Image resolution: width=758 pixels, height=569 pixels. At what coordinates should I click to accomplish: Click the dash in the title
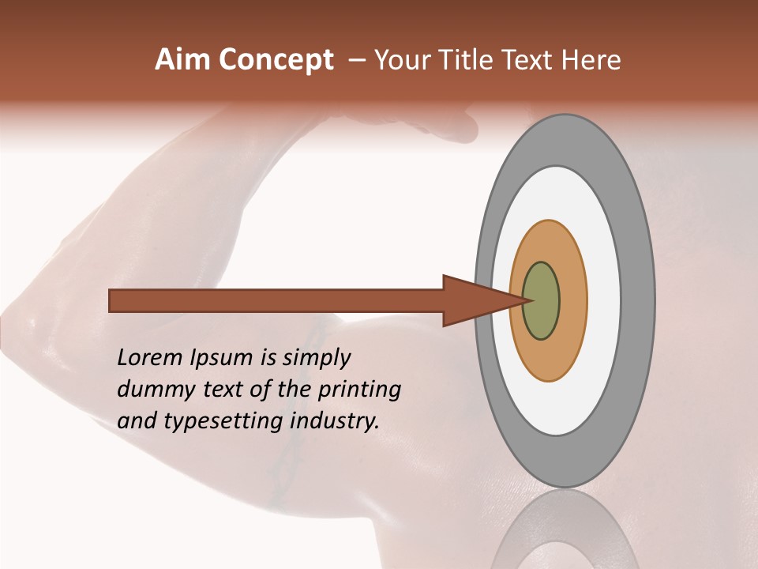[x=356, y=60]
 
